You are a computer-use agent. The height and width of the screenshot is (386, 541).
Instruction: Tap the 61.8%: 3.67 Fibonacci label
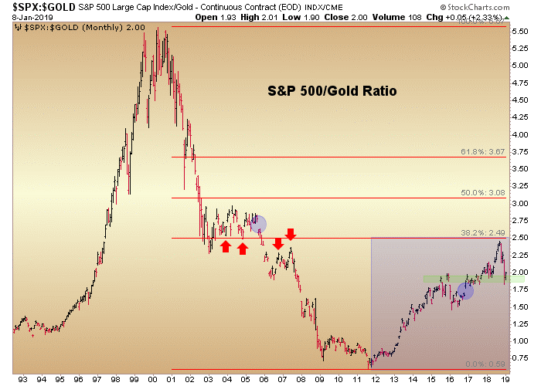(x=484, y=152)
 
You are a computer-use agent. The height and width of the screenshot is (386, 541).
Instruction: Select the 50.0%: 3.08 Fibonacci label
(x=484, y=193)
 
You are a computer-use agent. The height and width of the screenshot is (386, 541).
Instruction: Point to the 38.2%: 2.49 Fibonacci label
(x=484, y=233)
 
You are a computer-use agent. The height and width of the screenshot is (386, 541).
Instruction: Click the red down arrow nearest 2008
(x=291, y=234)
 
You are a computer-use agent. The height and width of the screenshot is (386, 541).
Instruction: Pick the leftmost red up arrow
(x=226, y=246)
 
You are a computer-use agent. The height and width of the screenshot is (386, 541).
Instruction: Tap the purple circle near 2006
(x=257, y=224)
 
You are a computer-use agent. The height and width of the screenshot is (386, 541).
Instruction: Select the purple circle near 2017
(x=465, y=291)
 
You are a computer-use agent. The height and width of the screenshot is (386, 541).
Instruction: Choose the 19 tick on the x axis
(x=505, y=379)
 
